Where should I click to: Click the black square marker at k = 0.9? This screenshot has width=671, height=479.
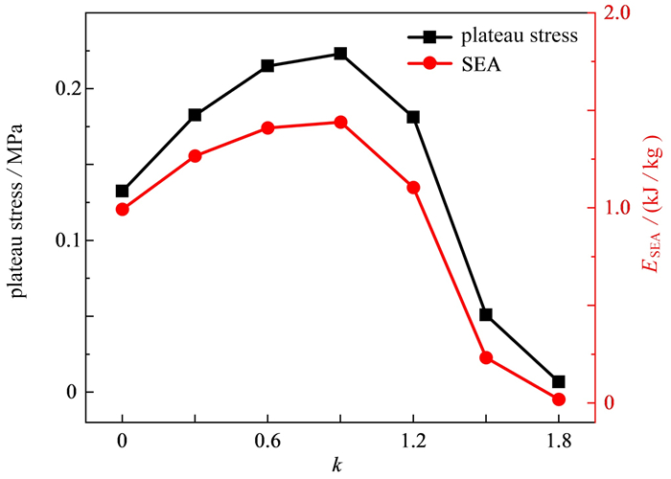point(340,54)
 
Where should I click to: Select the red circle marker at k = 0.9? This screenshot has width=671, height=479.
point(340,123)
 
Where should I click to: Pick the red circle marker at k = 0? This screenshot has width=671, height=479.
point(122,209)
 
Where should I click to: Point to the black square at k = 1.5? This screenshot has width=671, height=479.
point(486,314)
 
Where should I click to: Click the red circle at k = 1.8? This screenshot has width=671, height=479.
point(559,399)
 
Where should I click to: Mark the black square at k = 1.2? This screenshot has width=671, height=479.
point(413,117)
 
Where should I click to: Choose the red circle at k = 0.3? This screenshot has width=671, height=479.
point(195,156)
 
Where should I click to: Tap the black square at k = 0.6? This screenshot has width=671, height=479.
point(267,66)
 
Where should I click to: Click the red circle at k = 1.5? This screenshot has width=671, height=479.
point(486,357)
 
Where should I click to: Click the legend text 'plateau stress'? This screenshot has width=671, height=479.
point(519,37)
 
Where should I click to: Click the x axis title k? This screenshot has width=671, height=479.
point(337,465)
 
